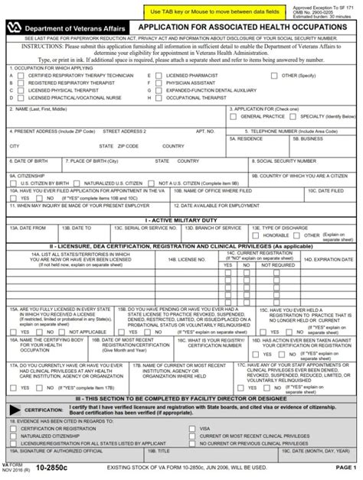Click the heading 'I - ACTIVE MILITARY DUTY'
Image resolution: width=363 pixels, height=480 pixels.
(x=181, y=219)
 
